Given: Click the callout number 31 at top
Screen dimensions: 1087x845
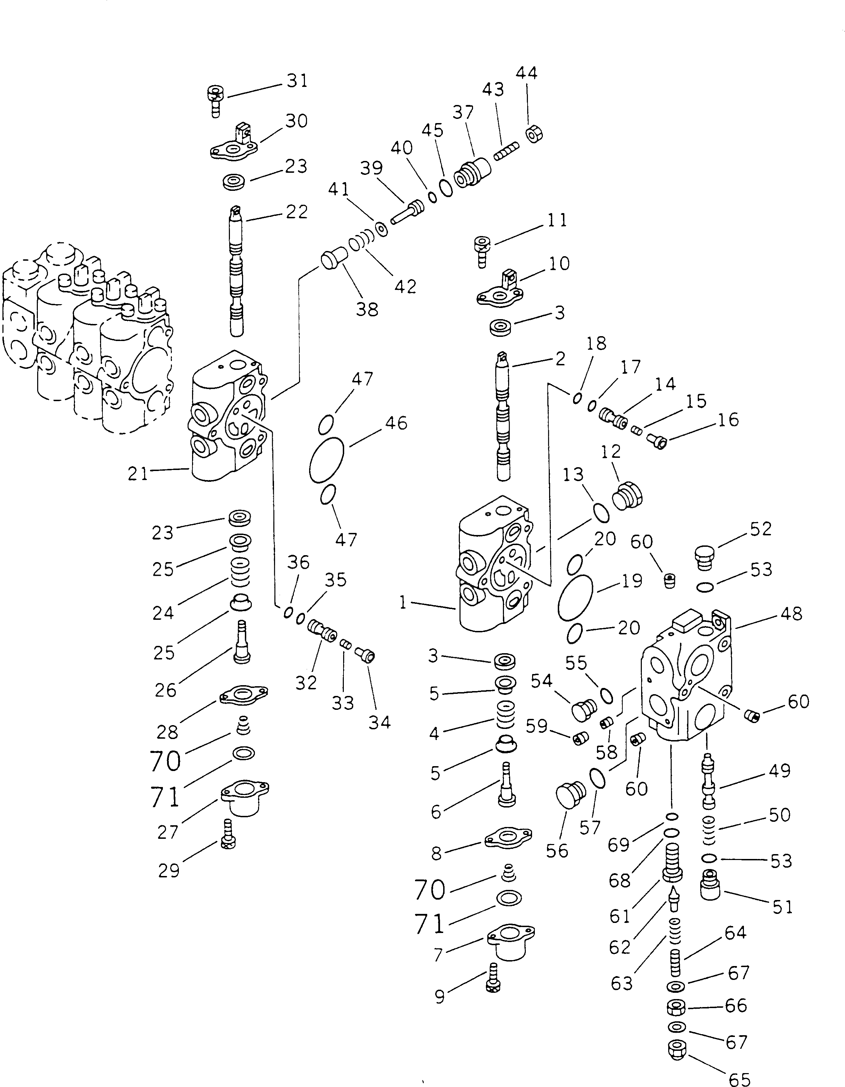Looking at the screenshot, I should coord(297,81).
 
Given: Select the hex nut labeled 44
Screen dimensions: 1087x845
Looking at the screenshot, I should coord(534,134).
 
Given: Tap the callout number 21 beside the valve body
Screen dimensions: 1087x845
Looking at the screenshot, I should coord(138,474).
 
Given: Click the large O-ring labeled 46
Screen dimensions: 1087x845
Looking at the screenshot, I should coord(326,460).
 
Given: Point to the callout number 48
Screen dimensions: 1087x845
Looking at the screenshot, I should coord(791,614).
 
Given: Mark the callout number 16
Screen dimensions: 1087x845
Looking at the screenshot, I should coord(728,420).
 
